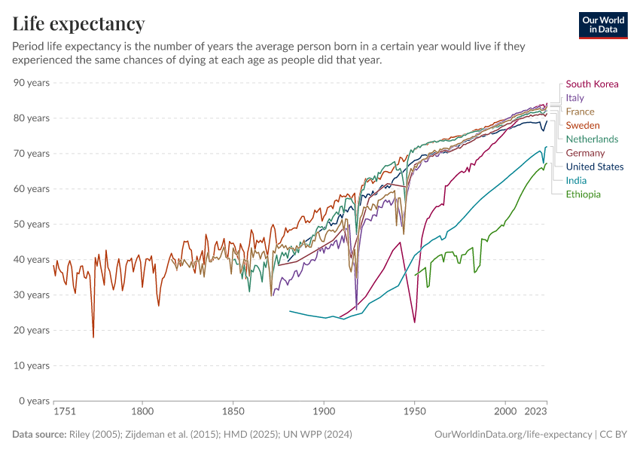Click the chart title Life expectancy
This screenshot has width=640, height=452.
(x=78, y=23)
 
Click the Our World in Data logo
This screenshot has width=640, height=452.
(x=602, y=25)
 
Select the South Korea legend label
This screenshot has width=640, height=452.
(x=592, y=84)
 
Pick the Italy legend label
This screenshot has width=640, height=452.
(x=574, y=98)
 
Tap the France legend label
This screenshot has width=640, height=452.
(x=580, y=111)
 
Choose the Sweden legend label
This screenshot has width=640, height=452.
(x=583, y=125)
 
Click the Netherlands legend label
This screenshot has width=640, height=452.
(x=592, y=139)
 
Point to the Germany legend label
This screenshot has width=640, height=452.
(x=585, y=153)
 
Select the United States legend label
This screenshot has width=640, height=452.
(x=595, y=166)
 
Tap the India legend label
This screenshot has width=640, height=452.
(x=576, y=180)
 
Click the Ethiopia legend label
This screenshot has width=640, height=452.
(x=583, y=194)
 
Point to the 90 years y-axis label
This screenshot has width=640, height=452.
(x=32, y=82)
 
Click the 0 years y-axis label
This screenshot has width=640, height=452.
(x=34, y=401)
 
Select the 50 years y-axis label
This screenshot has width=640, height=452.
(x=32, y=224)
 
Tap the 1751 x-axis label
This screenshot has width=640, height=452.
(x=65, y=412)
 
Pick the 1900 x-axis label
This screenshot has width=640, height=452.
(x=324, y=412)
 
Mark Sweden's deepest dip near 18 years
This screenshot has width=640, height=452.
(x=93, y=337)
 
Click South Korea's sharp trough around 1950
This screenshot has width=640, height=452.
(x=415, y=322)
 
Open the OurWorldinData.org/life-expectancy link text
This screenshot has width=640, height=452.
(x=514, y=435)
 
